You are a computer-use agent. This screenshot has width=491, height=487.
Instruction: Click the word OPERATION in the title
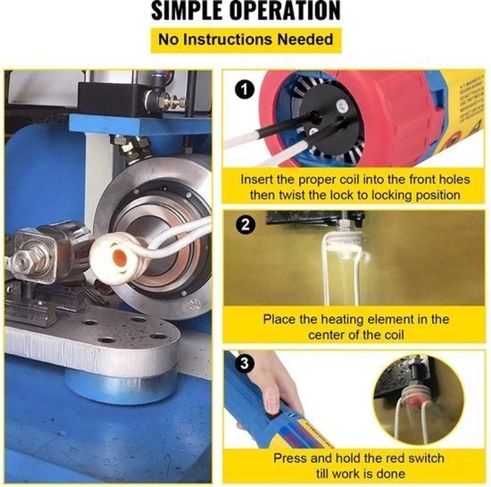click(285, 11)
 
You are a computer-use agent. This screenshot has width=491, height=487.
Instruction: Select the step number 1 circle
click(245, 90)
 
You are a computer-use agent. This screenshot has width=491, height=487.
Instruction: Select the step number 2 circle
click(245, 224)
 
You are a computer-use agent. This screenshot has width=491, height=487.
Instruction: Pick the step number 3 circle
click(245, 364)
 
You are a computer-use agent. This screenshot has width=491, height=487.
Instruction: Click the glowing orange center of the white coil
click(120, 258)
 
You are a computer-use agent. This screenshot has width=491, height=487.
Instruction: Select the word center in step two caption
click(326, 335)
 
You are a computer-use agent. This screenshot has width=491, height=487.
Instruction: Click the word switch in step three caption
click(426, 458)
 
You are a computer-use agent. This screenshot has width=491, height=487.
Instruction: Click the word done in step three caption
click(391, 474)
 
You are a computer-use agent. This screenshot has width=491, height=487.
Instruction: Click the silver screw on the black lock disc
click(342, 106)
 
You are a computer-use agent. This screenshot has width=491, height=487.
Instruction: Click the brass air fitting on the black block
click(171, 102)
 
